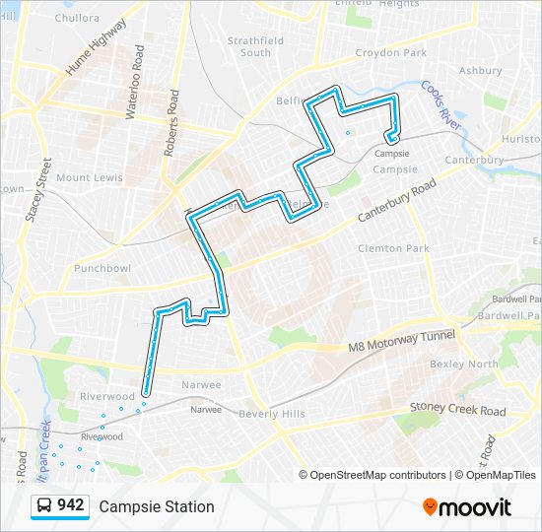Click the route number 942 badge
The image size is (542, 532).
coord(70,505)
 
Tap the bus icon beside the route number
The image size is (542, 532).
coord(44,506)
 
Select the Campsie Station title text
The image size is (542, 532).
coord(156,506)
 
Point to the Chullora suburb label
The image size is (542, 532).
coord(77,18)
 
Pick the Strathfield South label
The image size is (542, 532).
coord(255,46)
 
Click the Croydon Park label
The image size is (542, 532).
coord(391,52)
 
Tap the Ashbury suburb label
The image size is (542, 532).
coord(480,71)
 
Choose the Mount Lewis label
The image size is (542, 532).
coord(89,177)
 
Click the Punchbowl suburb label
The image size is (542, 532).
coord(102,268)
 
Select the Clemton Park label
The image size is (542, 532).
coord(392,248)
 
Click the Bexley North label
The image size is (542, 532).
coord(463,364)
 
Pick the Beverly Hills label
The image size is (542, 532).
coord(272,415)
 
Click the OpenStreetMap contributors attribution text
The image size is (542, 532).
coord(377,475)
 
